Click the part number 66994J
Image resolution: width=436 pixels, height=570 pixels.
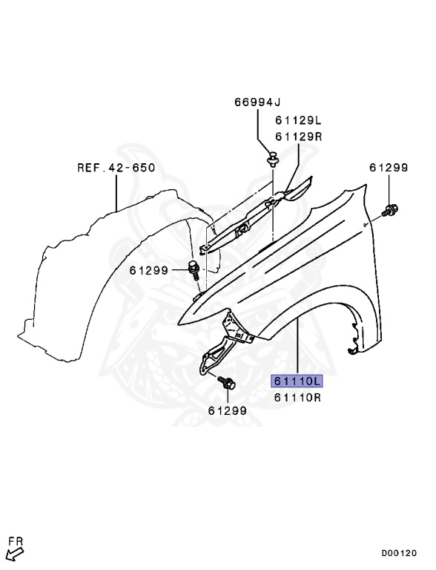pos(257,102)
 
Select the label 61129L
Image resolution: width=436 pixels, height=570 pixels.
pos(298,120)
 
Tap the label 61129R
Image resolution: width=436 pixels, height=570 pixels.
pos(298,137)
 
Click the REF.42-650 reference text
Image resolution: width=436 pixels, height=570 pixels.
pos(116,168)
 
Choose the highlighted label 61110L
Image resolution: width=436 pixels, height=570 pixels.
pos(297,381)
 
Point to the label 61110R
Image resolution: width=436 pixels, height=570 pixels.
pos(297,397)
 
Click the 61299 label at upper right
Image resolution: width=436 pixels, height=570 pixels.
pos(389,168)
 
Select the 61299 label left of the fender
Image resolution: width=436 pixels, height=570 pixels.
pos(149,270)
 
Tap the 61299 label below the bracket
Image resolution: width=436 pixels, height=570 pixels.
pos(228,410)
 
